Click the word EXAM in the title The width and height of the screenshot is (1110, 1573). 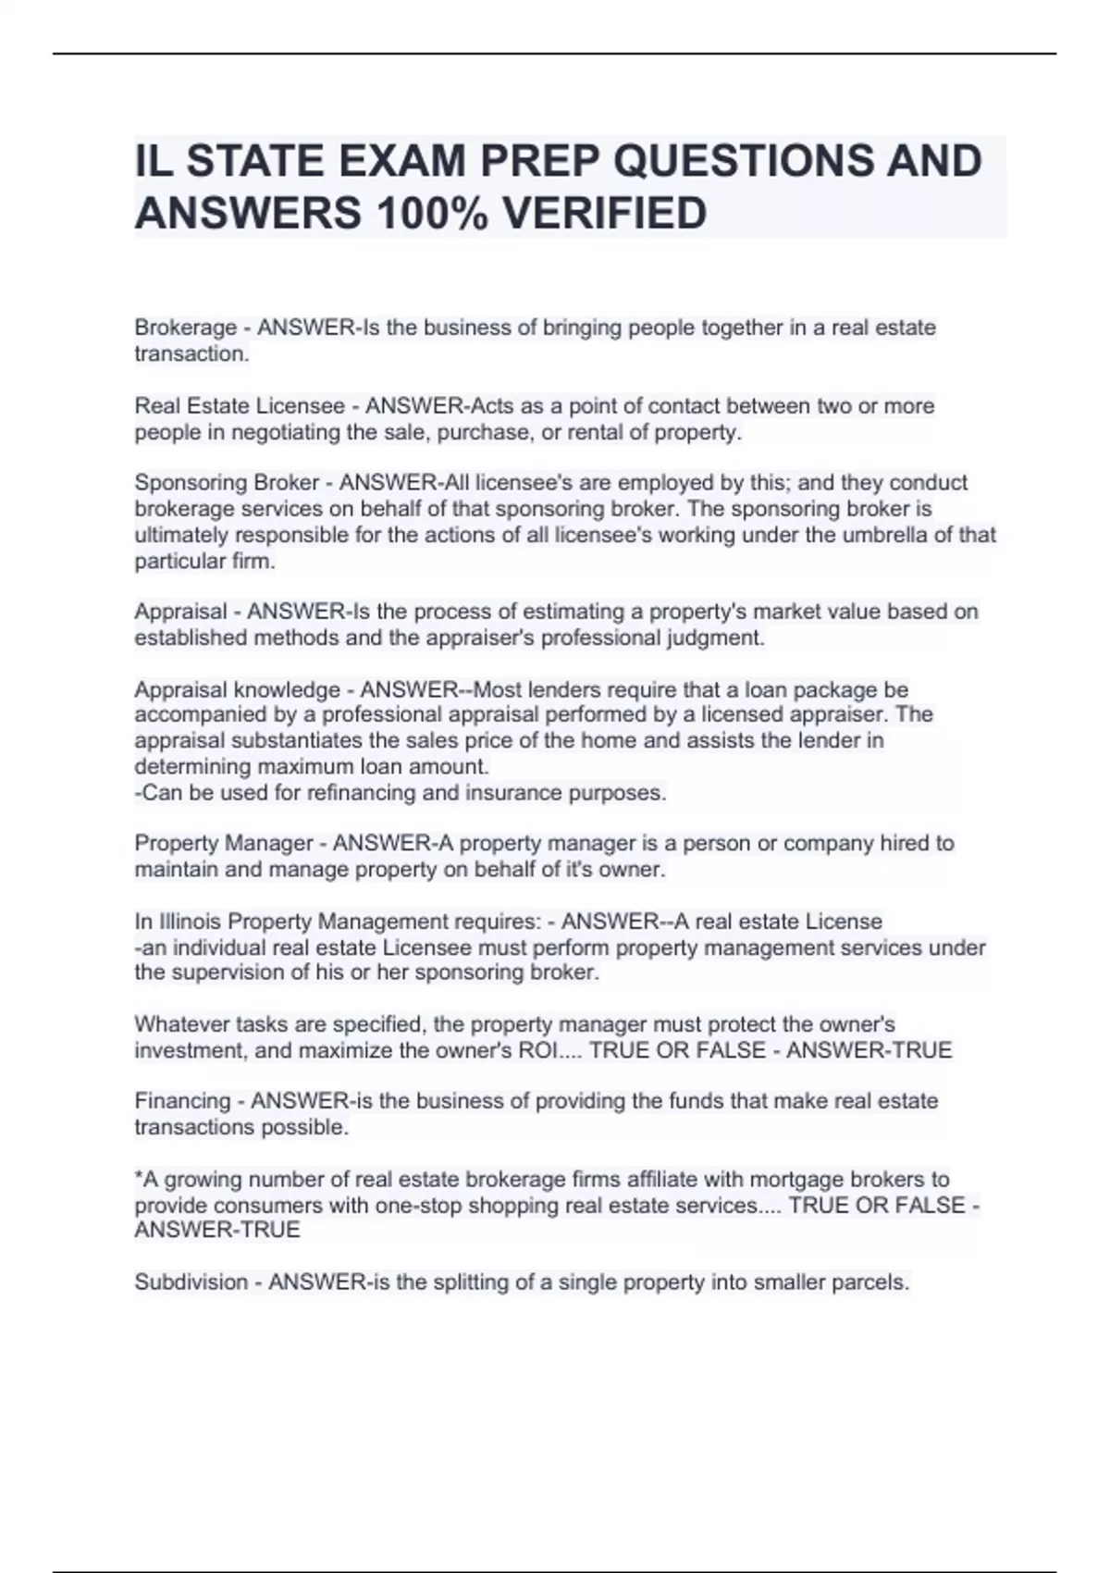coord(402,161)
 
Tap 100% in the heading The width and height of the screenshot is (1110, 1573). coord(432,214)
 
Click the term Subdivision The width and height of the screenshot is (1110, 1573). coord(191,1282)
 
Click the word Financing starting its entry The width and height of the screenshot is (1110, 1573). coord(182,1101)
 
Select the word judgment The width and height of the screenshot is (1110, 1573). coord(716,638)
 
